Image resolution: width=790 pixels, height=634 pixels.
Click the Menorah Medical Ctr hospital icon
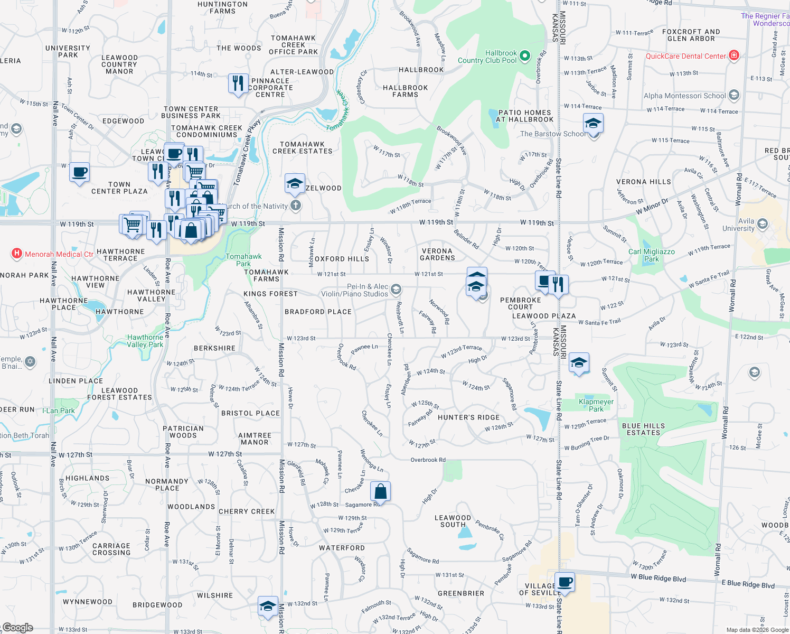point(17,254)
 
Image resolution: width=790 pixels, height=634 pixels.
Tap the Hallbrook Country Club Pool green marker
point(524,55)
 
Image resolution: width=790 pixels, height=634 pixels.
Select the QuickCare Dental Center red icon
point(733,55)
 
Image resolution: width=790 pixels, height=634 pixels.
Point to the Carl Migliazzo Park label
point(651,255)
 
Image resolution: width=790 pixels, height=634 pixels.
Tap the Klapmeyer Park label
point(596,405)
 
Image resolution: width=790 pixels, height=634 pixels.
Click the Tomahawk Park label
point(243,260)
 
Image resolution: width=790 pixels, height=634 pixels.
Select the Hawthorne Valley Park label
point(145,341)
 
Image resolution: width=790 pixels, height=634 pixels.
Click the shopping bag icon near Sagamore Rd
point(380,491)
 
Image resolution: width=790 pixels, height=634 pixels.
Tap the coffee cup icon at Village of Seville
point(565,582)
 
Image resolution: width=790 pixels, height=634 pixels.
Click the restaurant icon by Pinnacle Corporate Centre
point(238,83)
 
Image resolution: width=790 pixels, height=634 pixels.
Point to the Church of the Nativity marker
point(296,206)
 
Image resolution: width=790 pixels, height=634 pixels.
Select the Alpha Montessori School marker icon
point(733,95)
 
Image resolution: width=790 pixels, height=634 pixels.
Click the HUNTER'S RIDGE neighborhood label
point(468,417)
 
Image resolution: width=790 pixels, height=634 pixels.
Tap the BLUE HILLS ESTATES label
point(643,429)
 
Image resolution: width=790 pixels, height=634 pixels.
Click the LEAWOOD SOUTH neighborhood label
point(453,521)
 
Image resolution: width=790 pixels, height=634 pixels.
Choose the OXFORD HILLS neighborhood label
point(342,259)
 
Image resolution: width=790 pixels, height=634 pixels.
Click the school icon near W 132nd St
point(268,606)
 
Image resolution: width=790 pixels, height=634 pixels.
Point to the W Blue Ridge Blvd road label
point(658,578)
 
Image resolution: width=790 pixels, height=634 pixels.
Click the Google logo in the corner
point(17,628)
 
